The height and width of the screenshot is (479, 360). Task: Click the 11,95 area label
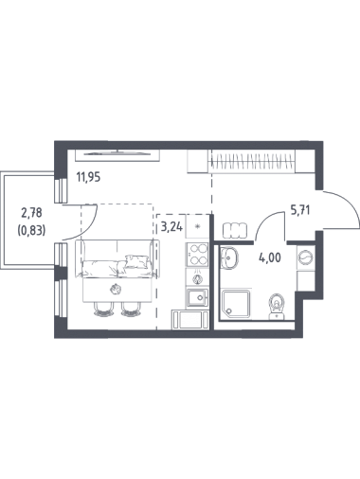(88, 177)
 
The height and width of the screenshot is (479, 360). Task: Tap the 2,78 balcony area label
(31, 213)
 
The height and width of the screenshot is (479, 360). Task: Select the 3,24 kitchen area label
(171, 227)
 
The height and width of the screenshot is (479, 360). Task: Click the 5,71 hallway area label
(300, 210)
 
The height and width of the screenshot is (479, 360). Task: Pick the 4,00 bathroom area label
(269, 258)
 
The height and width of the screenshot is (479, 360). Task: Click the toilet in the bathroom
(277, 307)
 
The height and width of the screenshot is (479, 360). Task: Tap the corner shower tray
(237, 304)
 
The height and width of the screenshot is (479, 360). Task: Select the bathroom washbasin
(228, 257)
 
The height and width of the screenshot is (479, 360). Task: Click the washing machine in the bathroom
(306, 257)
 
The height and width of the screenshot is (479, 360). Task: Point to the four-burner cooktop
(197, 255)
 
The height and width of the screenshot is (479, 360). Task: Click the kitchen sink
(197, 297)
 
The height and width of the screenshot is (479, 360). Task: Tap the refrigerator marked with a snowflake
(197, 226)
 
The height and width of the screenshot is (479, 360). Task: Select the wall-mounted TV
(117, 153)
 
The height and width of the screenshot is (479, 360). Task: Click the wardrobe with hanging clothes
(252, 161)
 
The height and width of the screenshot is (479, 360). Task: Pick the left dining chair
(103, 310)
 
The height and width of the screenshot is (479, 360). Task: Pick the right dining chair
(131, 310)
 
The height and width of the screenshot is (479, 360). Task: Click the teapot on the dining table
(116, 289)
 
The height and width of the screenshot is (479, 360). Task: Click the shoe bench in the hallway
(235, 231)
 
